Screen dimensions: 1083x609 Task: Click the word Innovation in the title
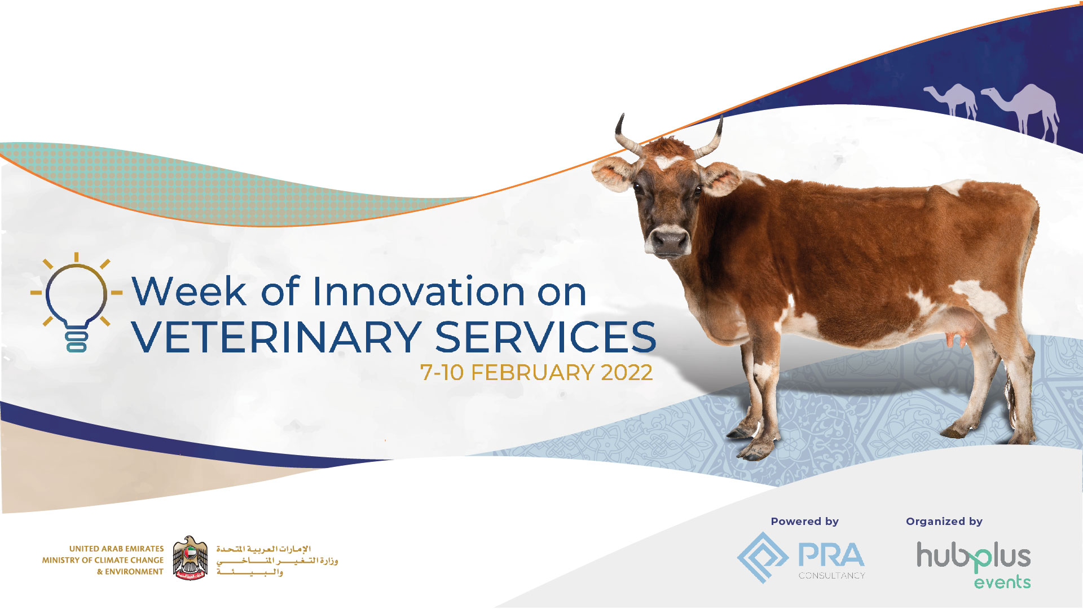click(x=419, y=292)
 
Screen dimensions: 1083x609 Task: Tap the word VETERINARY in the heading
click(x=276, y=337)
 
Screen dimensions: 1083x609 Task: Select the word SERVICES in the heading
click(x=545, y=337)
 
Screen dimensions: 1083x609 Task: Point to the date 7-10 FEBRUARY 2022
click(x=536, y=373)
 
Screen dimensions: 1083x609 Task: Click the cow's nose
click(x=669, y=242)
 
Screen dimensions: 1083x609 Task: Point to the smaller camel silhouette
click(x=952, y=101)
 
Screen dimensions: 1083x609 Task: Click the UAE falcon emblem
click(x=190, y=558)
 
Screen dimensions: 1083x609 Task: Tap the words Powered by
click(x=805, y=522)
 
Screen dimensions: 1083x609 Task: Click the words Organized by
click(x=944, y=522)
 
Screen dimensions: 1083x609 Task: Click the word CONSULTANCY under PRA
click(x=831, y=576)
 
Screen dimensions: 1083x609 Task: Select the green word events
click(x=1002, y=581)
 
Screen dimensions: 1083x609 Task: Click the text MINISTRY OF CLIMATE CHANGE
click(x=103, y=560)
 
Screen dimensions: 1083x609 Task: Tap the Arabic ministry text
click(x=277, y=561)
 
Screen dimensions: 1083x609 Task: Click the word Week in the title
click(x=189, y=292)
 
